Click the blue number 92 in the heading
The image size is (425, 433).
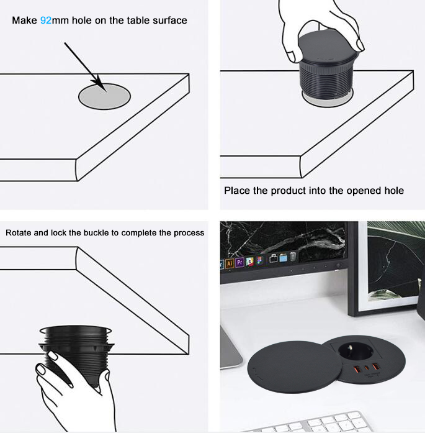point(46,21)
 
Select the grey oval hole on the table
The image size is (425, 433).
point(104,96)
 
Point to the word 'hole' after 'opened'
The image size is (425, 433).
point(394,191)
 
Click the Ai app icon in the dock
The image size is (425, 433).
point(230,263)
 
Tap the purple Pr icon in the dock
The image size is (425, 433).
point(239,262)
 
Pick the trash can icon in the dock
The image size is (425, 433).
point(293,257)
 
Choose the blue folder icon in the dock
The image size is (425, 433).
point(284,258)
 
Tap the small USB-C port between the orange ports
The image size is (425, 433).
point(367,368)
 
